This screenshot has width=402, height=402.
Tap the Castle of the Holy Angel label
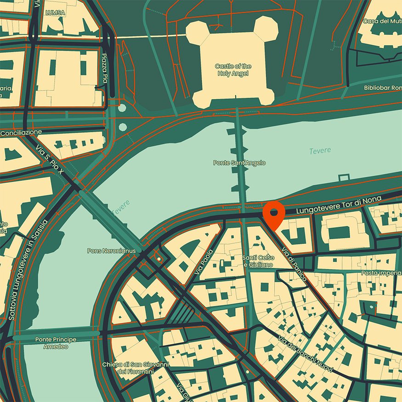233,70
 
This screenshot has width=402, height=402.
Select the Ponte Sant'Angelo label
239,163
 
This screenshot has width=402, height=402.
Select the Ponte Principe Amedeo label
56,343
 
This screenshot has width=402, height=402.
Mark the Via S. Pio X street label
51,161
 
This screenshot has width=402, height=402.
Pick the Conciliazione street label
21,133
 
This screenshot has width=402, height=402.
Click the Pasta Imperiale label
381,272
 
